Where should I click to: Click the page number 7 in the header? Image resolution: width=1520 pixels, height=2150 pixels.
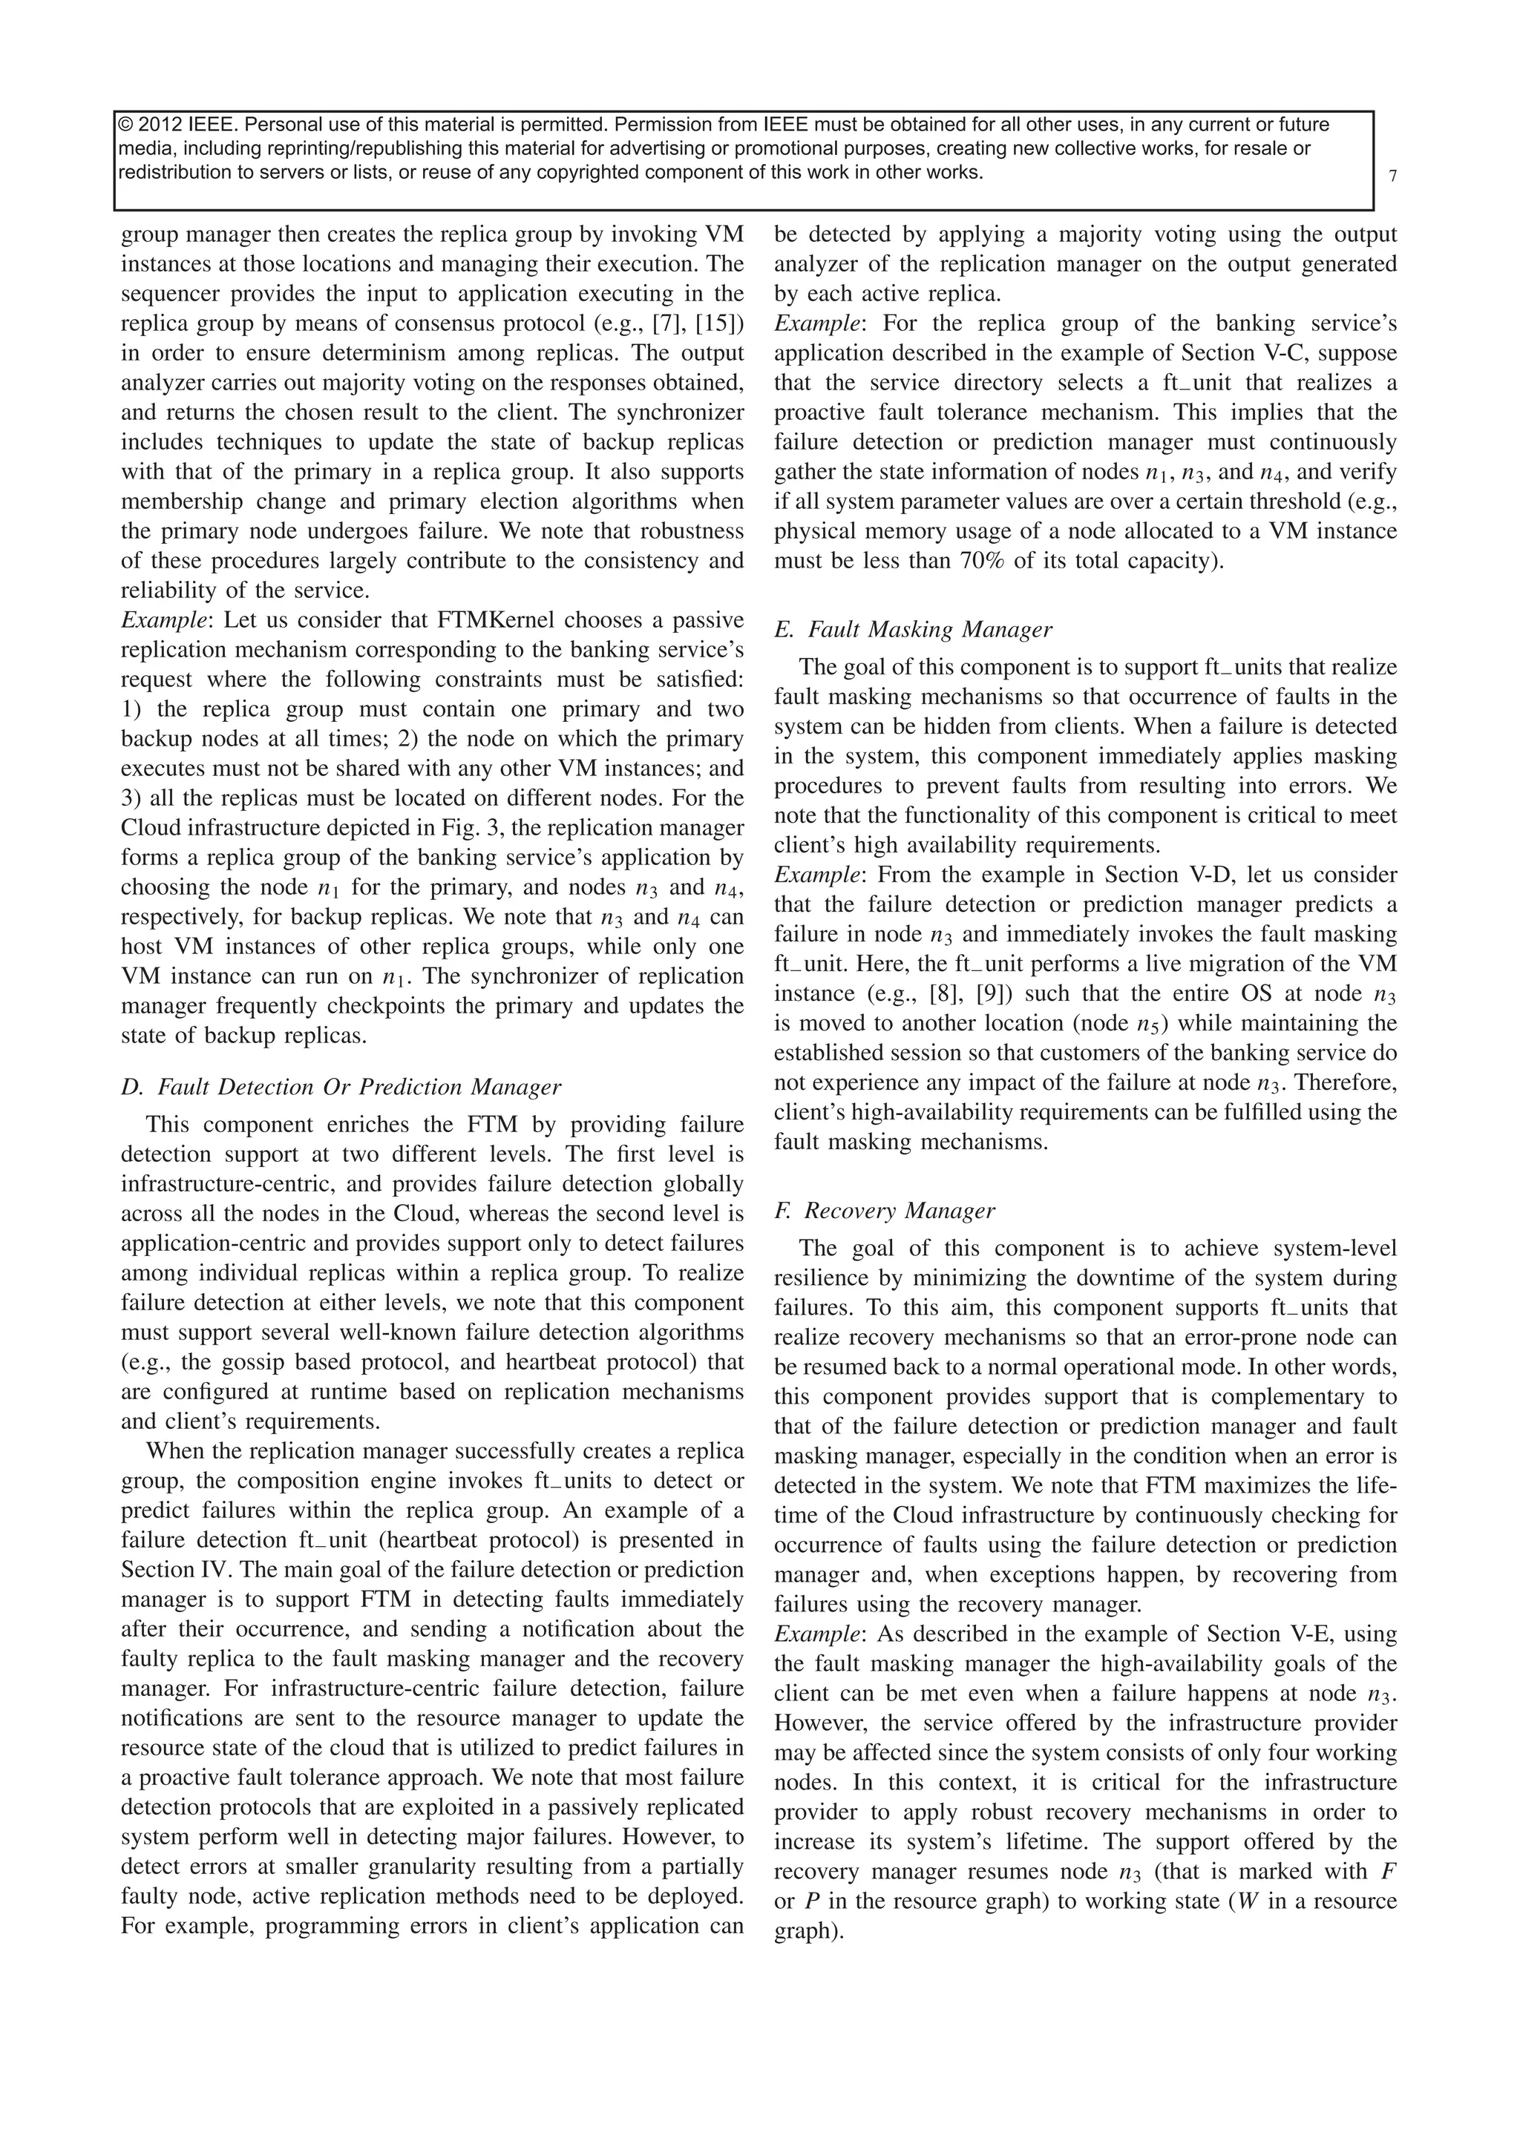1392,176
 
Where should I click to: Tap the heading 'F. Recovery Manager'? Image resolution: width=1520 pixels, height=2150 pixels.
884,1211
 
